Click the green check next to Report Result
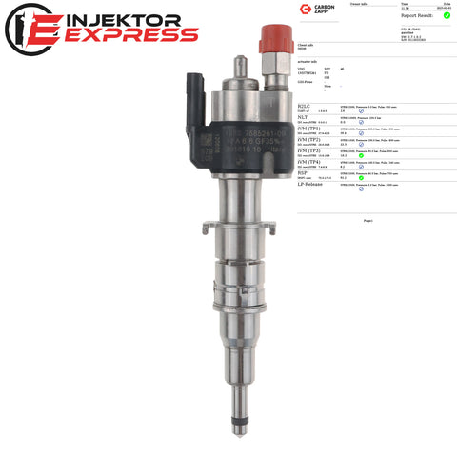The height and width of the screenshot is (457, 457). coord(447,15)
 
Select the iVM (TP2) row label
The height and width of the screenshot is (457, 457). coord(310,139)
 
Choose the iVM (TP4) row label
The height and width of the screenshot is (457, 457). coord(310,162)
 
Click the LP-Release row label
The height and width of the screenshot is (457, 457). coord(313,185)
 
